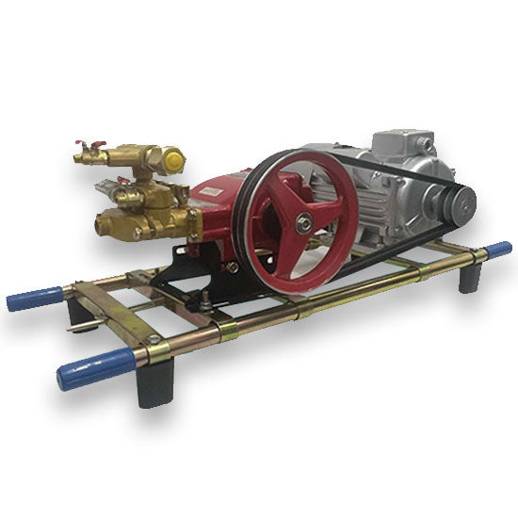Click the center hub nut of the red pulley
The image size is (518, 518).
303,222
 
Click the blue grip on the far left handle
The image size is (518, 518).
34,299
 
